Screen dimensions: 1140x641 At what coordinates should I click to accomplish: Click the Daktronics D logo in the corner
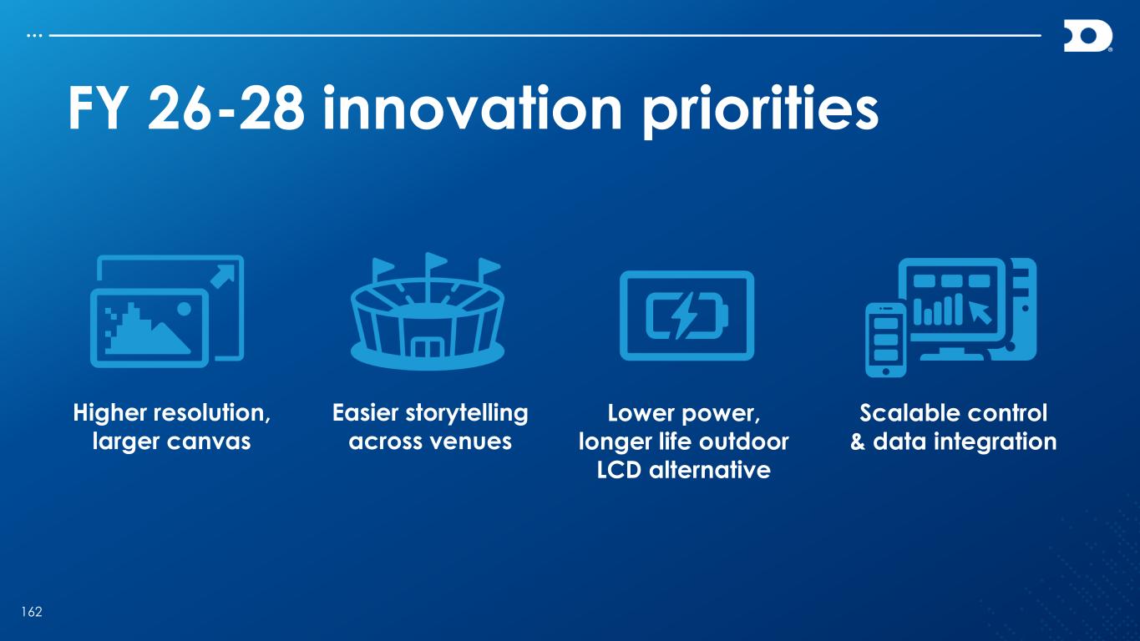pyautogui.click(x=1087, y=36)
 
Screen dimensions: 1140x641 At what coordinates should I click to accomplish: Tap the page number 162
pyautogui.click(x=32, y=612)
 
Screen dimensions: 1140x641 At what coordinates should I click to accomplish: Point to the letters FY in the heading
pyautogui.click(x=97, y=109)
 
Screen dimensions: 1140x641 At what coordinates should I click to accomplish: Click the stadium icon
pyautogui.click(x=428, y=310)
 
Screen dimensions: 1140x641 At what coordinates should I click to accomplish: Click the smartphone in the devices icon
pyautogui.click(x=885, y=340)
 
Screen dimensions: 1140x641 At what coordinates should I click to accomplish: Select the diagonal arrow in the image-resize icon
pyautogui.click(x=223, y=276)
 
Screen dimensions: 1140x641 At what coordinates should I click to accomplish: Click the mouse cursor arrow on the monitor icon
pyautogui.click(x=980, y=312)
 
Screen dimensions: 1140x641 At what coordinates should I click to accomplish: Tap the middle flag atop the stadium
pyautogui.click(x=436, y=261)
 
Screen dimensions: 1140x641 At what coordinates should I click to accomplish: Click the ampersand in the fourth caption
pyautogui.click(x=858, y=442)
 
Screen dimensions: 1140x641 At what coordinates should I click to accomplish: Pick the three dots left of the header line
pyautogui.click(x=34, y=36)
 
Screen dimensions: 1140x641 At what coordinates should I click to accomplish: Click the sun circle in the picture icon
pyautogui.click(x=184, y=309)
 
